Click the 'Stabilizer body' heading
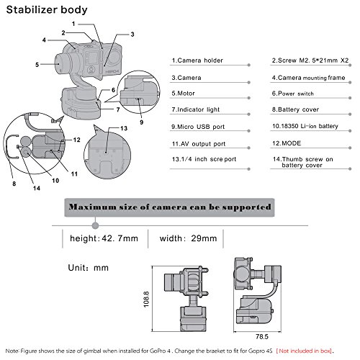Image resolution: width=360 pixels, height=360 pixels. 47,10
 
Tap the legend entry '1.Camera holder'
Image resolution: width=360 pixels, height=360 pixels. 197,60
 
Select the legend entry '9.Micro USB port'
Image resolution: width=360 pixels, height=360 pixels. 198,127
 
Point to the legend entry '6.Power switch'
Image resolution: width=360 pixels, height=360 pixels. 293,94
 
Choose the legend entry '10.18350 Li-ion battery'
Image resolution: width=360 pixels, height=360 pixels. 305,126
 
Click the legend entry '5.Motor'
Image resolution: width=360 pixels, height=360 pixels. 183,94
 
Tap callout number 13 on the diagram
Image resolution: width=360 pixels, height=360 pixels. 124,128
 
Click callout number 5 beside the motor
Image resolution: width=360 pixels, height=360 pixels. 37,65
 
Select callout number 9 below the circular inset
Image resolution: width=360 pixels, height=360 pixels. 142,122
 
